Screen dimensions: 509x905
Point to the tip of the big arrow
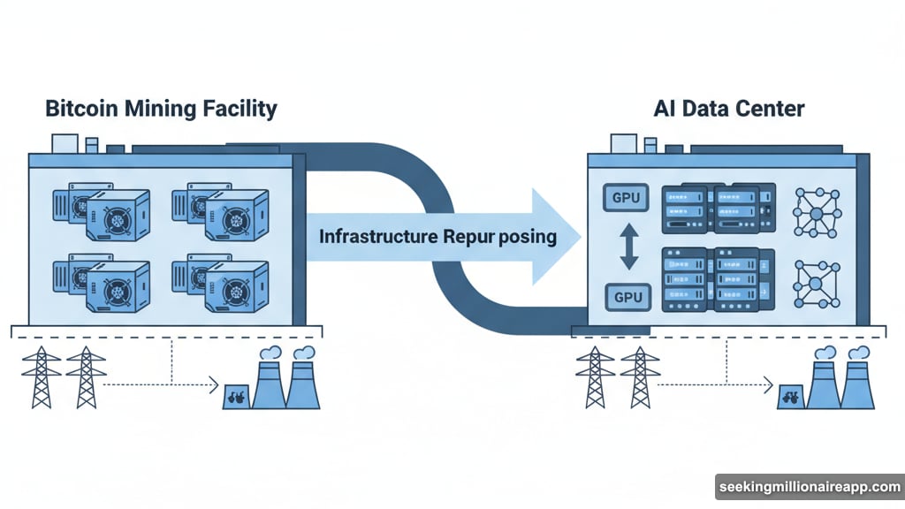(x=579, y=236)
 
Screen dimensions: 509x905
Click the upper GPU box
(x=627, y=198)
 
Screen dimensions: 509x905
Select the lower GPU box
(x=627, y=297)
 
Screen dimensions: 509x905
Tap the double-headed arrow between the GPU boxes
(x=627, y=247)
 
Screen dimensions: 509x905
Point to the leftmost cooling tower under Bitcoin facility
(x=269, y=380)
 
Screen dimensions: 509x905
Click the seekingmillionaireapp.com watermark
(x=808, y=487)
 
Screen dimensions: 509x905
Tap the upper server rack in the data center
(x=718, y=209)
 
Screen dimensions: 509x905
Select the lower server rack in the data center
(x=718, y=278)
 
